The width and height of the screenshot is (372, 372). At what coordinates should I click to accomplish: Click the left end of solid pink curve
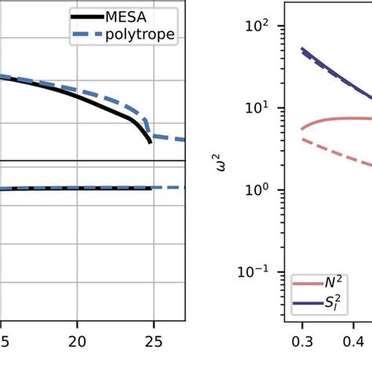(301, 129)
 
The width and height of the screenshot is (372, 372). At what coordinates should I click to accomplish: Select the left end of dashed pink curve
(301, 139)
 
